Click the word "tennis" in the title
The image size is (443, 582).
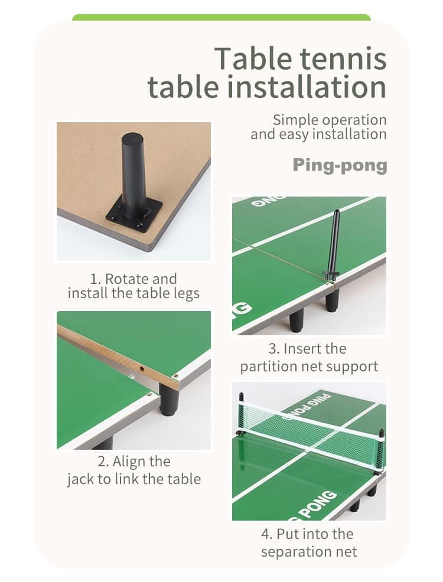343,58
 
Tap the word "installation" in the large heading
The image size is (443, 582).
307,87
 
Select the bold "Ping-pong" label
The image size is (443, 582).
340,165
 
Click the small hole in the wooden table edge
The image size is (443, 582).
142,370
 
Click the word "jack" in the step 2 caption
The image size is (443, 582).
80,479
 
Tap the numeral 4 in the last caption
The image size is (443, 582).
266,534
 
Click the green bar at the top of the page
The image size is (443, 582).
221,17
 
